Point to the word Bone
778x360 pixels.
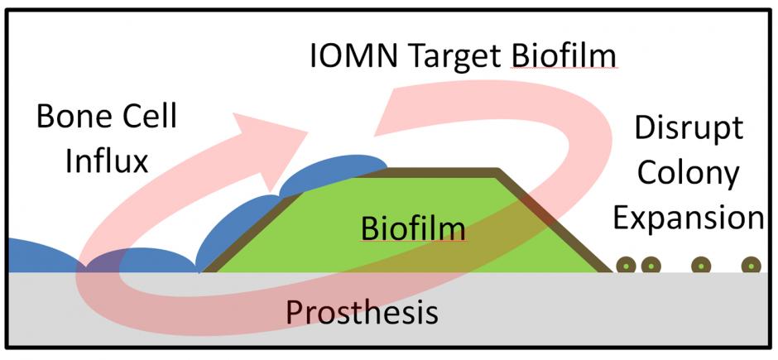click(72, 118)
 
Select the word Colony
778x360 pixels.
click(688, 174)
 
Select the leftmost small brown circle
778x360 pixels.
click(626, 266)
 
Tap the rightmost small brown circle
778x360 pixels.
click(751, 266)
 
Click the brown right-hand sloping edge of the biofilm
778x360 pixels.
click(553, 221)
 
